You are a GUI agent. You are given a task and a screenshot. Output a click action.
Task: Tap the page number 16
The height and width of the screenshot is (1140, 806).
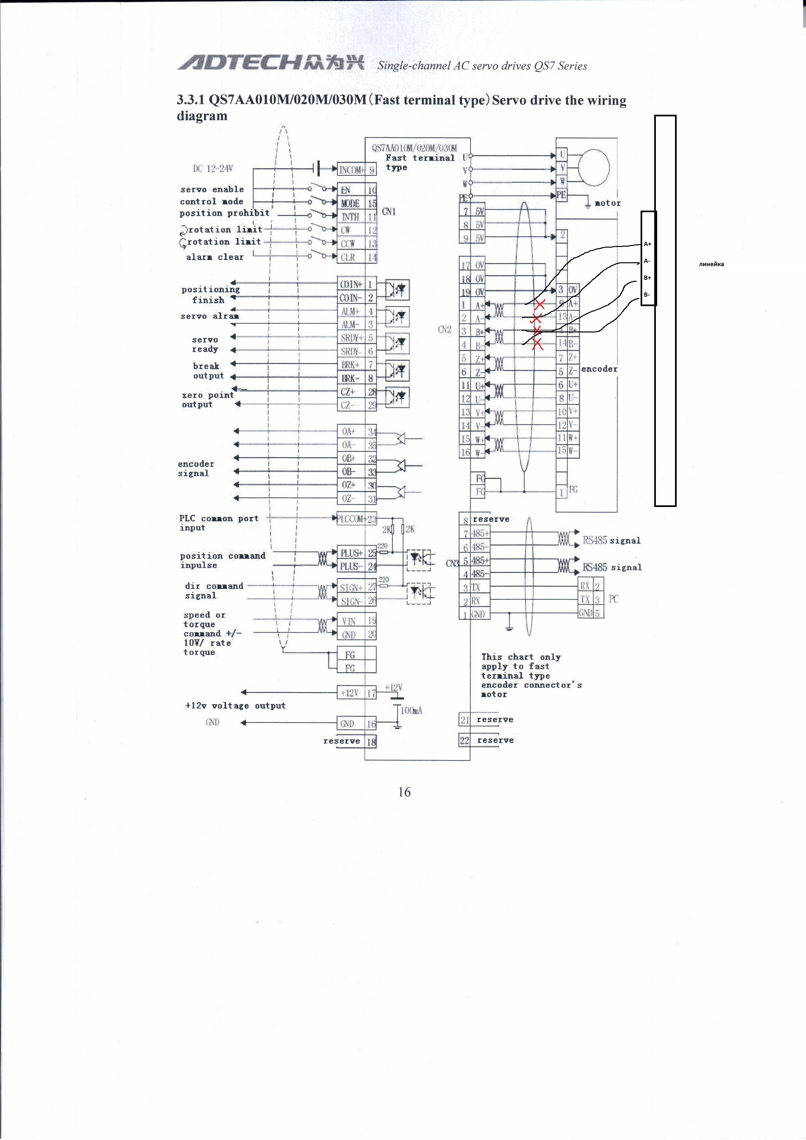pyautogui.click(x=404, y=792)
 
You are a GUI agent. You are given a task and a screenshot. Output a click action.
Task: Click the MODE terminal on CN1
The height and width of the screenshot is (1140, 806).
pyautogui.click(x=351, y=203)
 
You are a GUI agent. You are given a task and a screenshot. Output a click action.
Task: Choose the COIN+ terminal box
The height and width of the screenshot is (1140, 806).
pyautogui.click(x=351, y=284)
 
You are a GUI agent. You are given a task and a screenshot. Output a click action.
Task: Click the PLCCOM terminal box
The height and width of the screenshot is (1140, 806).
pyautogui.click(x=351, y=519)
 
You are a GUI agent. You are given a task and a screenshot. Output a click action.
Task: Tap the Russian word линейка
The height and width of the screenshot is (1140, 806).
pyautogui.click(x=711, y=264)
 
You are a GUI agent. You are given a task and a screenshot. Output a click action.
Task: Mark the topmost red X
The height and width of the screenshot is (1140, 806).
pyautogui.click(x=539, y=304)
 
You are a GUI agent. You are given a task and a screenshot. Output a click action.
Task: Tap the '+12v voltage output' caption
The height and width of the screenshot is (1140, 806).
pyautogui.click(x=235, y=706)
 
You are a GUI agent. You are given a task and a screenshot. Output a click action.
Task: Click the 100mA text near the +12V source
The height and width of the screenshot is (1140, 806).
pyautogui.click(x=411, y=710)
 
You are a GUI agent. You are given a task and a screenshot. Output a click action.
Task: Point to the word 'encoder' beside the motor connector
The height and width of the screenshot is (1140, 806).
pyautogui.click(x=599, y=369)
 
